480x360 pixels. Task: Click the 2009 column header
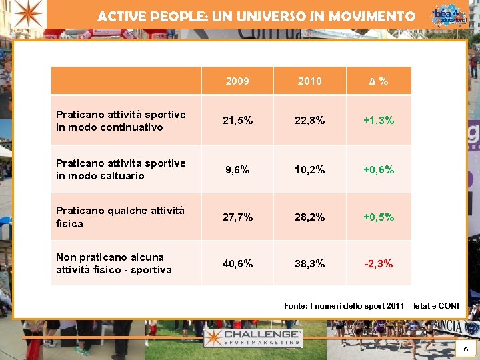237,81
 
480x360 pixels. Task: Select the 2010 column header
309,81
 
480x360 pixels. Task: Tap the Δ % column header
379,81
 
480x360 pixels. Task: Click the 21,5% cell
237,121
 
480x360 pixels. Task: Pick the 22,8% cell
309,121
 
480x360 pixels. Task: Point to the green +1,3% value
379,121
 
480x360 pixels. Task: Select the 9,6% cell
237,170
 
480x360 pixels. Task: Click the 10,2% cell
309,170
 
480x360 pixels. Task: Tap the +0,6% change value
379,170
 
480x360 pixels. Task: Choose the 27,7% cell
237,217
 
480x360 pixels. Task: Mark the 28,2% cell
309,217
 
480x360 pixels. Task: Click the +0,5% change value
379,217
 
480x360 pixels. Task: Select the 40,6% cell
237,264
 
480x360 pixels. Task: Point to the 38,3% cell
309,264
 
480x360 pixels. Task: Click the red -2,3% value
379,264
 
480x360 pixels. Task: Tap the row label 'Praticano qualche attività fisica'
120,217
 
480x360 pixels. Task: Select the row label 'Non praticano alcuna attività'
113,263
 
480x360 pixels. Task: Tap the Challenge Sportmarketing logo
253,337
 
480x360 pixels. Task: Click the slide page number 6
465,349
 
